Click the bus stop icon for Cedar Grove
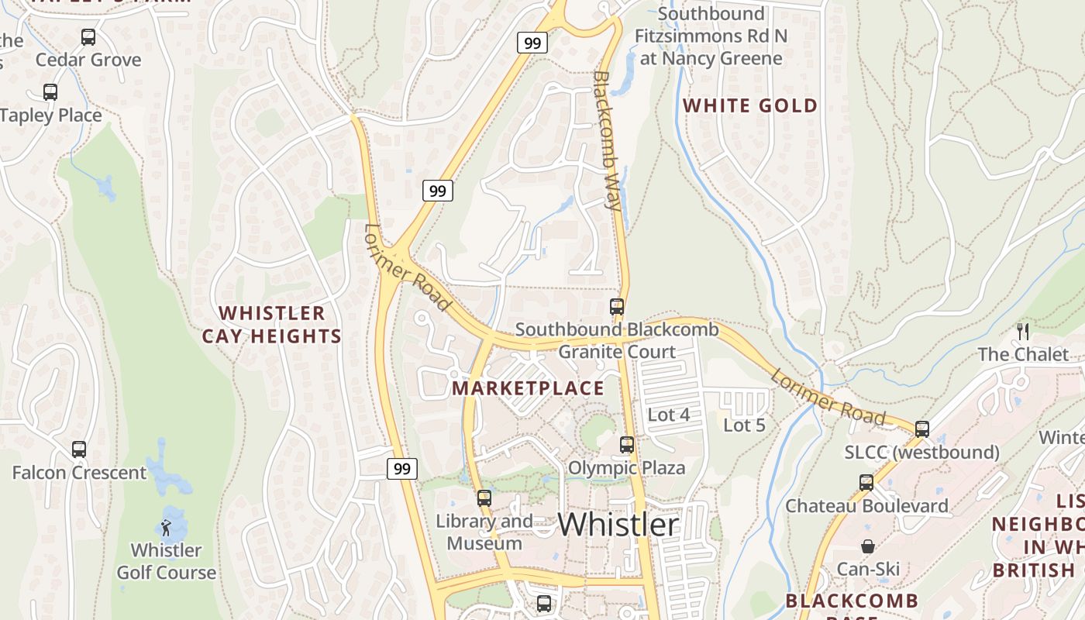88,36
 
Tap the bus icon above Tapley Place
50,92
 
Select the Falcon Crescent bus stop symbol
79,449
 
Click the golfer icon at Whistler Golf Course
166,528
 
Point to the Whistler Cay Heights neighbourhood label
271,325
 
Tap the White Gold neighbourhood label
749,105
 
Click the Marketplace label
528,388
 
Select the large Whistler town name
618,524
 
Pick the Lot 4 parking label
668,415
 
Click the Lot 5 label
744,425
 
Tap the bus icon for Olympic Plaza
627,445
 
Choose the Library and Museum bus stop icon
484,498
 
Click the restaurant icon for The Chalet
1023,332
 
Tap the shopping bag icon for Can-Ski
868,546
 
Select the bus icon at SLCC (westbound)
922,429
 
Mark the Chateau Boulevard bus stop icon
866,482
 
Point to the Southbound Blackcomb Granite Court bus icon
617,307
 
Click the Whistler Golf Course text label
166,561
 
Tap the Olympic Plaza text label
626,468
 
